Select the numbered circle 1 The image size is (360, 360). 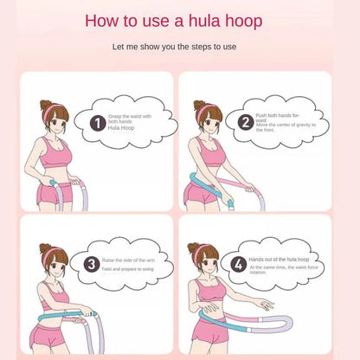tap(99, 123)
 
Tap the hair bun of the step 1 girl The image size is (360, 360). tap(44, 105)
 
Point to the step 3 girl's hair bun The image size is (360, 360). tap(43, 249)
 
